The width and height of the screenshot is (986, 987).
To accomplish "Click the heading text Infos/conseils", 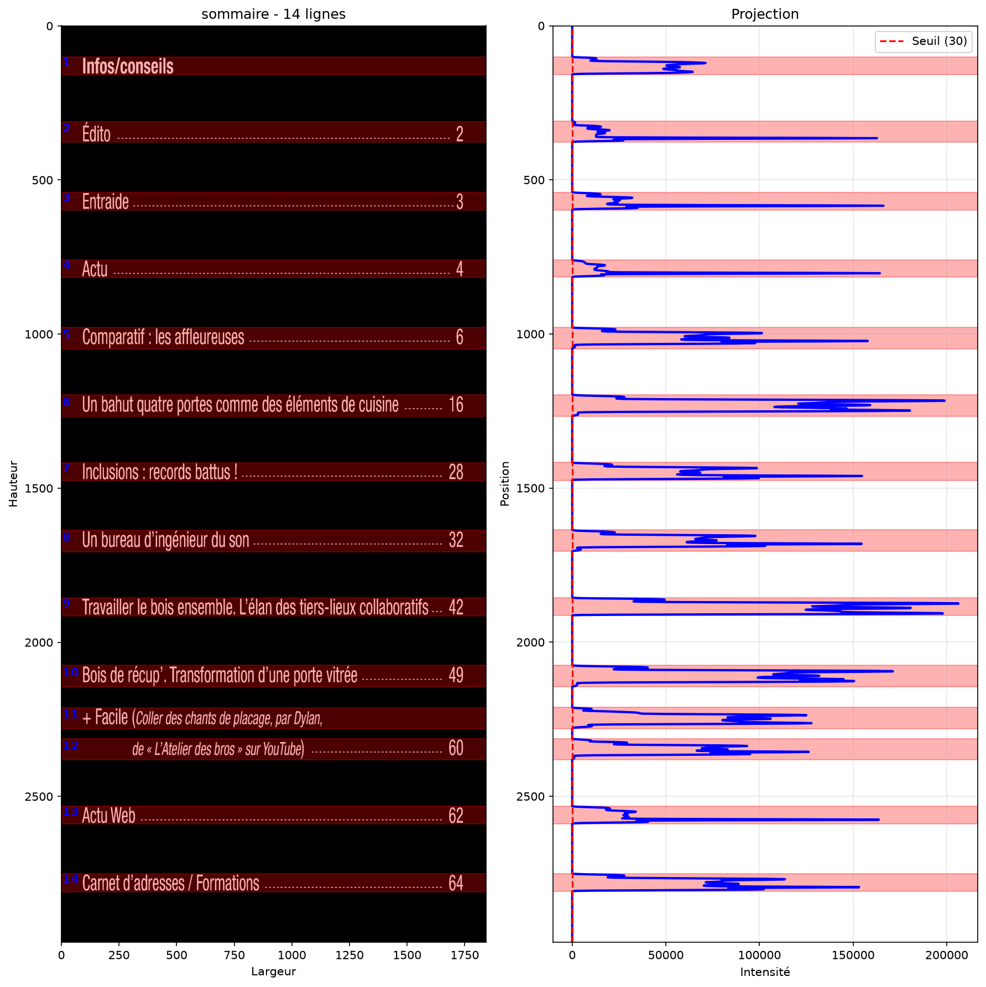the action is point(128,66).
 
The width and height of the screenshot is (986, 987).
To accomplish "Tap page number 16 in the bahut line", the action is point(456,405).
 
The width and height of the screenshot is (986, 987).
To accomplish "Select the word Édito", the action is point(96,133).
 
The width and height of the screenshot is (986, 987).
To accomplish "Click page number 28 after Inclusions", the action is point(456,472).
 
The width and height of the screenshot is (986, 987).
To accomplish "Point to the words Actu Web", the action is point(109,816).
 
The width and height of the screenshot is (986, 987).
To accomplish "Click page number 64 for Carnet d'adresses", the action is point(456,883).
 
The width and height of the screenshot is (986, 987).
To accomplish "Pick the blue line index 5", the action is point(66,334).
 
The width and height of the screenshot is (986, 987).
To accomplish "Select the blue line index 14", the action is point(70,879).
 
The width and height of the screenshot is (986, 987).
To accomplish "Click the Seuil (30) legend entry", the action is point(924,41).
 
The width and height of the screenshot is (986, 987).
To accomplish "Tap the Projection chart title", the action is point(765,14).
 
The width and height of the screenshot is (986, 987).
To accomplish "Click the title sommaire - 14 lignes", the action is point(273,14).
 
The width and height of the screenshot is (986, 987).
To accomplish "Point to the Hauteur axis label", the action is point(13,484).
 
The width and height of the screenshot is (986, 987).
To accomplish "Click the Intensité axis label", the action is point(765,972).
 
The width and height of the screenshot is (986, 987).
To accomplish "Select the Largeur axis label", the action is point(273,972).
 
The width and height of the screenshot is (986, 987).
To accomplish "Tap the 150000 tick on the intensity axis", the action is point(852,955).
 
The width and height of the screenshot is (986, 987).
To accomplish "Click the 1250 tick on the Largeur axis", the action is point(349,955).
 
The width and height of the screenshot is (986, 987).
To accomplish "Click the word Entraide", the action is point(106,201).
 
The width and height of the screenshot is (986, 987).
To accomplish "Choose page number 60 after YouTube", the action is point(456,748).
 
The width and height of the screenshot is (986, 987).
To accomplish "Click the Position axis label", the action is point(504,484).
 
